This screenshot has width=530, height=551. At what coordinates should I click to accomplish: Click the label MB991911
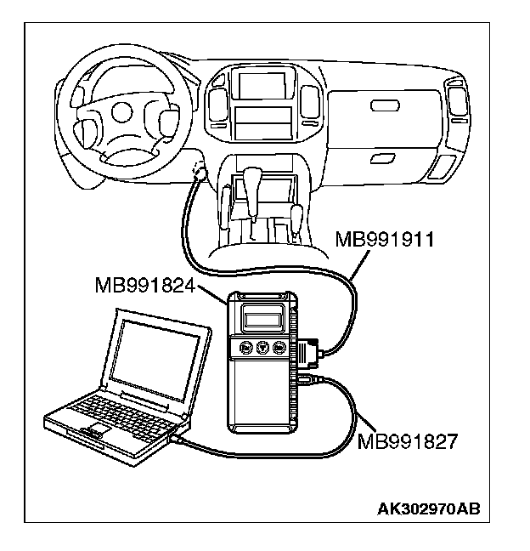[385, 239]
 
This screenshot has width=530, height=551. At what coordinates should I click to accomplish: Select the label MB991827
[409, 440]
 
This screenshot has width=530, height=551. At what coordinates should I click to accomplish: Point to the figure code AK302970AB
[429, 509]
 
